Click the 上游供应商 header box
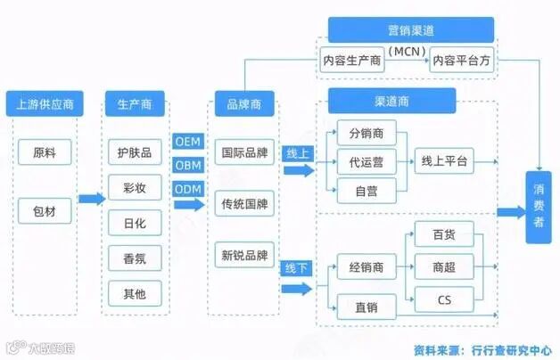[x=45, y=103]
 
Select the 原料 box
[x=45, y=152]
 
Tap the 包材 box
[x=45, y=210]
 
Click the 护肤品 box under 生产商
[x=135, y=152]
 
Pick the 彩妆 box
[x=135, y=187]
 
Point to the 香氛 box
[x=135, y=258]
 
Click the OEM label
[x=188, y=141]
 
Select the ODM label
[x=188, y=188]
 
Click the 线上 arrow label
[x=298, y=154]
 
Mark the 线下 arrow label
[x=298, y=267]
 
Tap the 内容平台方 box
[x=462, y=61]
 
